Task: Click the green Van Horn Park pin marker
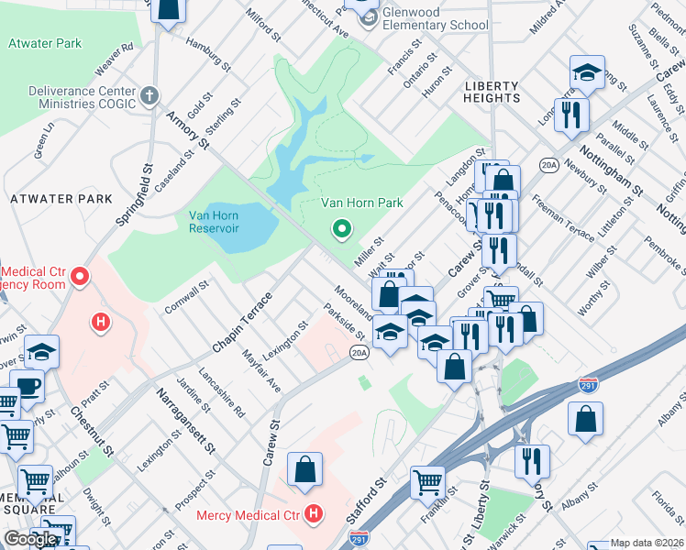pyautogui.click(x=341, y=228)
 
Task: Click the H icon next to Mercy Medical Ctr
pyautogui.click(x=314, y=514)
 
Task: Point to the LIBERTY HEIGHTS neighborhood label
pyautogui.click(x=492, y=92)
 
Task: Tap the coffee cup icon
pyautogui.click(x=27, y=385)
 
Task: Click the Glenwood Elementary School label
pyautogui.click(x=437, y=17)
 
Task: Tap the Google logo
pyautogui.click(x=30, y=539)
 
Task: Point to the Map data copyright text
pyautogui.click(x=647, y=543)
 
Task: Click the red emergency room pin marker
pyautogui.click(x=80, y=276)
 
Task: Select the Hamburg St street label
pyautogui.click(x=205, y=54)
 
